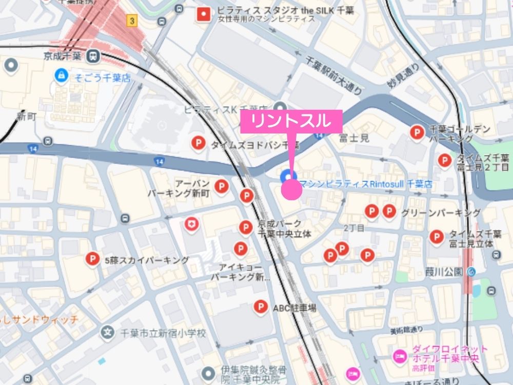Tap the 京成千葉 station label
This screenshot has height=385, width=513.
pos(65,55)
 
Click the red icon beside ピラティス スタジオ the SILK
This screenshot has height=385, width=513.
pos(205,14)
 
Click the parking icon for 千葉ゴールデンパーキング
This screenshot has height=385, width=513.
pos(417,132)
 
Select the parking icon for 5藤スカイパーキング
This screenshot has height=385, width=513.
pos(93,260)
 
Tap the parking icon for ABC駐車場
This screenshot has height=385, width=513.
pos(261,307)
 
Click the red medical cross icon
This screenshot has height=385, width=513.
pos(192,224)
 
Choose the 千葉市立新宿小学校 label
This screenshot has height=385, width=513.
pos(161,334)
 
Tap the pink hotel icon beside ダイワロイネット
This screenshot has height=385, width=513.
pos(399,355)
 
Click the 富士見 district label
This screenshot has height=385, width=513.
pos(354,138)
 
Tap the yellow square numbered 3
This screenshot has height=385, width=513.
pos(133,21)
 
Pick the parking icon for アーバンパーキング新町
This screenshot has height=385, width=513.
pos(221,186)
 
